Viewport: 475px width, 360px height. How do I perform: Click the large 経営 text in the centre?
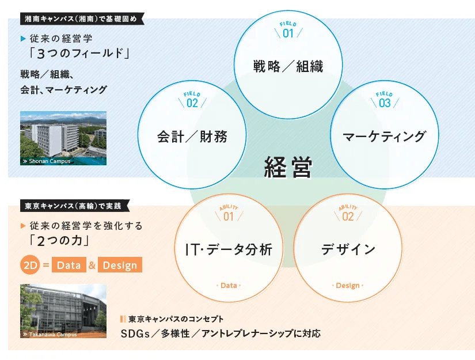pyautogui.click(x=288, y=167)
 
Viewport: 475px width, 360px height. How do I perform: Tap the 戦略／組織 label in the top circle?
pyautogui.click(x=288, y=66)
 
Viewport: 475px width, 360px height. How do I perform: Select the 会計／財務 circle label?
pyautogui.click(x=192, y=137)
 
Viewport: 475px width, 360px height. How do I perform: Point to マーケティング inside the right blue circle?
pyautogui.click(x=385, y=137)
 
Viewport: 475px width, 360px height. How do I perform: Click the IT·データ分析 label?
pyautogui.click(x=229, y=249)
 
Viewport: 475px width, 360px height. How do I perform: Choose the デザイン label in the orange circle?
pyautogui.click(x=348, y=249)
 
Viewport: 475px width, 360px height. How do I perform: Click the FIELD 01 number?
pyautogui.click(x=288, y=33)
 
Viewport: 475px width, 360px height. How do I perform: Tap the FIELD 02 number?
pyautogui.click(x=192, y=103)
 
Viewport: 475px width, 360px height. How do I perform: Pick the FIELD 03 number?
pyautogui.click(x=385, y=103)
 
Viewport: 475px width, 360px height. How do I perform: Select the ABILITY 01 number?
pyautogui.click(x=229, y=217)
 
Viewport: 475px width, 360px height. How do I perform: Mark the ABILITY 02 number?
pyautogui.click(x=348, y=217)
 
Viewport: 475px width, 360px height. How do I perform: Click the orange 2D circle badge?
pyautogui.click(x=30, y=265)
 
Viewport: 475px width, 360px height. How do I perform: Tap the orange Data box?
pyautogui.click(x=69, y=265)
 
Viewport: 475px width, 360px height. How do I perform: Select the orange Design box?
pyautogui.click(x=120, y=265)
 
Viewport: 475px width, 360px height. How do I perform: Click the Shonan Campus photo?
pyautogui.click(x=63, y=138)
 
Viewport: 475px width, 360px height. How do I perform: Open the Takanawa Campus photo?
pyautogui.click(x=63, y=311)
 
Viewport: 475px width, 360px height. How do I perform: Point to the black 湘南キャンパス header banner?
pyautogui.click(x=82, y=19)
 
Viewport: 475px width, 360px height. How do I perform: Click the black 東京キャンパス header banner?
pyautogui.click(x=74, y=206)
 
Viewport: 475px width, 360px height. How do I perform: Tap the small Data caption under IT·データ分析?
pyautogui.click(x=229, y=285)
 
